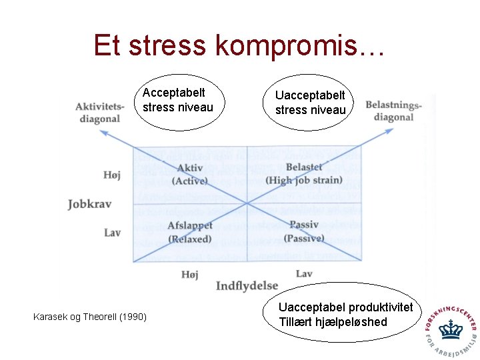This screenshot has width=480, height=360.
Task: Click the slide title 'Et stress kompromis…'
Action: click(x=239, y=45)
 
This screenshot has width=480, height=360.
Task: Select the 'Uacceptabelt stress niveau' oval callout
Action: click(x=311, y=103)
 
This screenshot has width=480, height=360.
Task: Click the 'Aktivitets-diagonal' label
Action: click(x=99, y=112)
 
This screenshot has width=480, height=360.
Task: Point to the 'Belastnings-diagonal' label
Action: click(x=394, y=111)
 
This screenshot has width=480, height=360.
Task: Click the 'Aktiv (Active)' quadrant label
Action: click(x=191, y=174)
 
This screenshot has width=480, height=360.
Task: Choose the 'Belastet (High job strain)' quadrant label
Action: click(x=303, y=173)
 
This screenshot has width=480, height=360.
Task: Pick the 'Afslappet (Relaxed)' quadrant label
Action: click(x=190, y=232)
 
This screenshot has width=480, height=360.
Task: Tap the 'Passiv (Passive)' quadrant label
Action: click(x=303, y=231)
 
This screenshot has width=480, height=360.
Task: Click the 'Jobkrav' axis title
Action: click(x=89, y=204)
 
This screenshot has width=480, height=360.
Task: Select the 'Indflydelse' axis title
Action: click(x=247, y=285)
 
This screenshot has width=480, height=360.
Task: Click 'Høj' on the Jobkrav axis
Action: click(x=112, y=175)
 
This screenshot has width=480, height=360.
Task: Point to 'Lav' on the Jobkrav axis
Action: click(x=113, y=233)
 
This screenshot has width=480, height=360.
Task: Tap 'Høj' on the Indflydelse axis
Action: click(x=190, y=274)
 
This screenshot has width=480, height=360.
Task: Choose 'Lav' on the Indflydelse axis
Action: click(x=304, y=273)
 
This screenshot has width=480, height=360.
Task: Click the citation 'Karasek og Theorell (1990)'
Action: click(x=89, y=317)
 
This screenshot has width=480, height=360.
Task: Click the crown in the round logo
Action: click(x=451, y=329)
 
